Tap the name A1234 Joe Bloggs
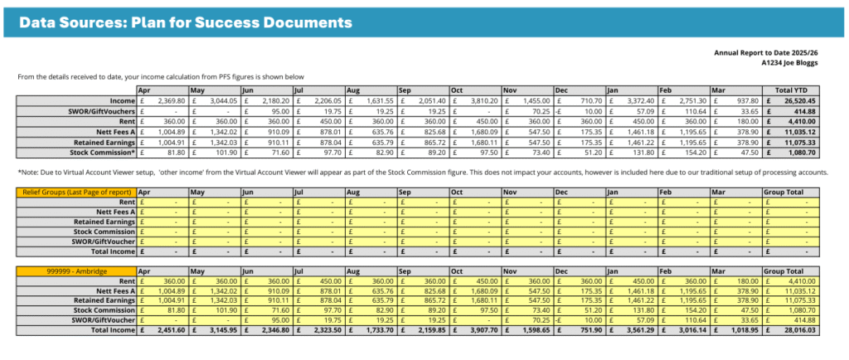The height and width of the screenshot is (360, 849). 795,62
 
